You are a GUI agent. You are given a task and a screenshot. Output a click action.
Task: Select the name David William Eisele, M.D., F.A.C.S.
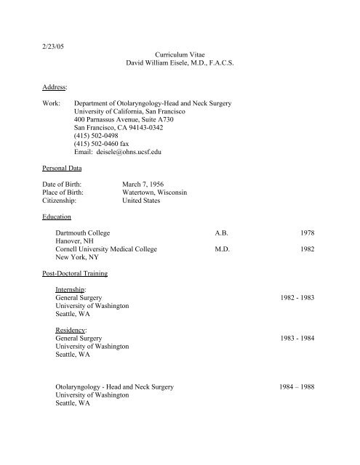(183, 65)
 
